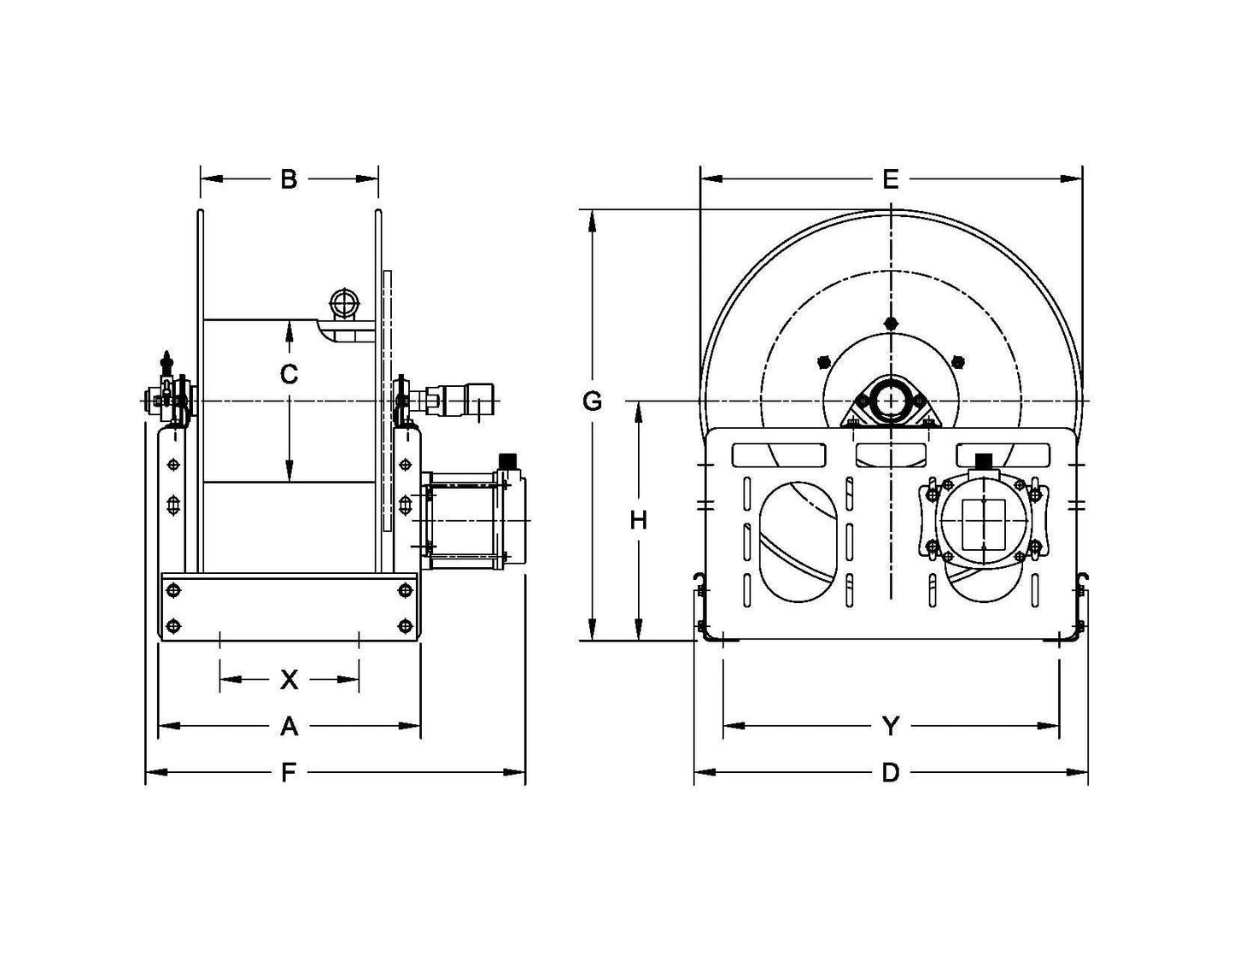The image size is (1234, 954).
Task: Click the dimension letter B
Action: [x=289, y=179]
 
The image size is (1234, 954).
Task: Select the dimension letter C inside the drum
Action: [x=289, y=374]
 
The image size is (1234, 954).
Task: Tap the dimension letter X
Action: [x=289, y=680]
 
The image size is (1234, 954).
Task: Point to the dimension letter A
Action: [x=289, y=726]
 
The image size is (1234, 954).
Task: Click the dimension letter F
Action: [x=289, y=773]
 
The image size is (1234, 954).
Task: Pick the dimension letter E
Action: [x=891, y=179]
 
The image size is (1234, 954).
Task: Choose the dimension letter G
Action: [x=592, y=401]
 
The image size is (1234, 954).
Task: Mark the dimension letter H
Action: [x=638, y=520]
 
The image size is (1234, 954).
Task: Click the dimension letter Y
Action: [x=891, y=726]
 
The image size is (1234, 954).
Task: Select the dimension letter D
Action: [x=891, y=773]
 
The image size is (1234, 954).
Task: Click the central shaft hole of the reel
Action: [x=891, y=401]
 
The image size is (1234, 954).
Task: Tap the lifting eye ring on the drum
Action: [x=345, y=303]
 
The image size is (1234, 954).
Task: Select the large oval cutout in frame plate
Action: [x=798, y=541]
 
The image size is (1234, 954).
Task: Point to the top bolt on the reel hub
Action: [x=891, y=323]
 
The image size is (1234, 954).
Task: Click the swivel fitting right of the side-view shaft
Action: [x=461, y=397]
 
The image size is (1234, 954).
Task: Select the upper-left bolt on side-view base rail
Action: [x=174, y=590]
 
